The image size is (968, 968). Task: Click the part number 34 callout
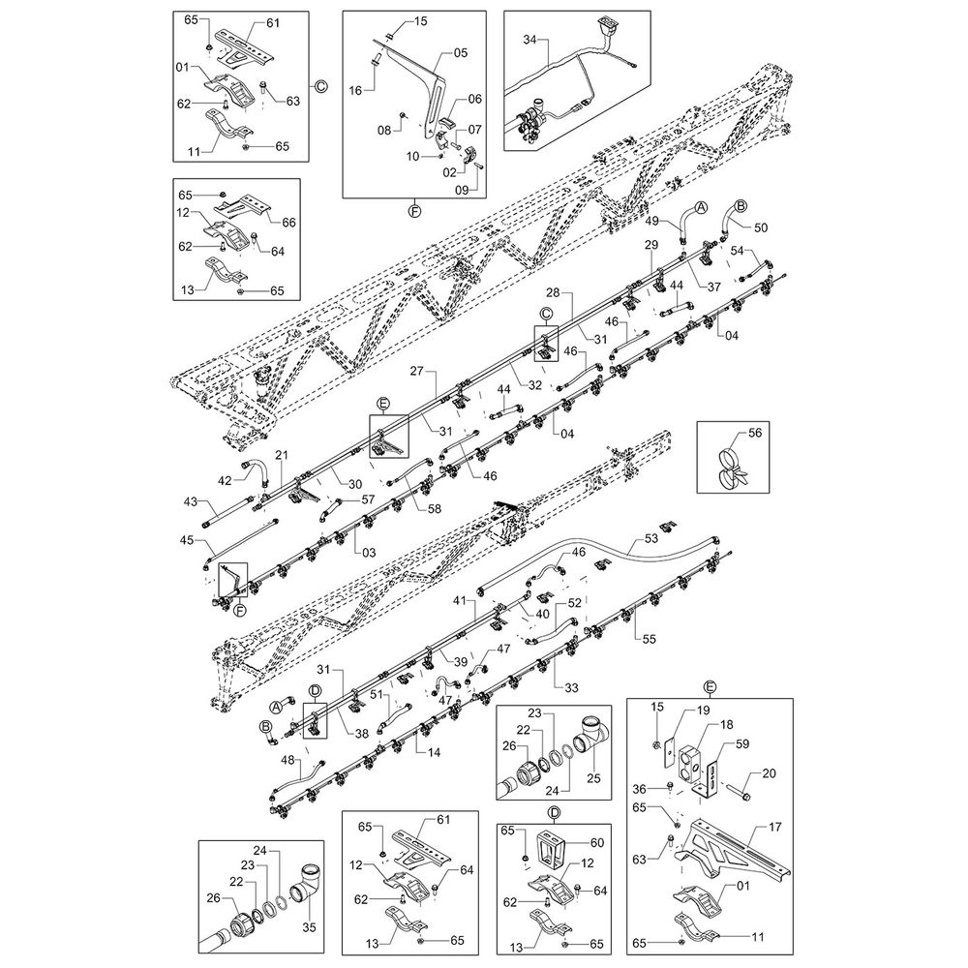coord(529,40)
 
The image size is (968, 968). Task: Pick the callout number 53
coord(650,537)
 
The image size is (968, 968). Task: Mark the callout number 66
coord(287,223)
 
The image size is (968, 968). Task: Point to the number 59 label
coord(743,745)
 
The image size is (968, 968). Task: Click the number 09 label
coord(460,192)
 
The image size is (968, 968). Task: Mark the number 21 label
coord(283,455)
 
